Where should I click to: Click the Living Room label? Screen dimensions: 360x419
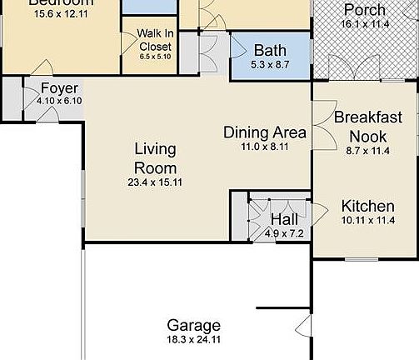[156, 158]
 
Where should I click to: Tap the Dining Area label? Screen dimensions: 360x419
[264, 132]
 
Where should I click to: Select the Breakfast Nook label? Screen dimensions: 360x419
[362, 127]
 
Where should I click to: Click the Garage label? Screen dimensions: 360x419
[193, 325]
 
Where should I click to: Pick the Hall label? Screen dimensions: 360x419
[284, 219]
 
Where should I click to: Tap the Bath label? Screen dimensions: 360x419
[270, 50]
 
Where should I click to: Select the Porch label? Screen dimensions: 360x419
[365, 10]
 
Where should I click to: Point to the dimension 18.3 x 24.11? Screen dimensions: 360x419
[193, 340]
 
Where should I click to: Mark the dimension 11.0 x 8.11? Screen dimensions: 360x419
[265, 147]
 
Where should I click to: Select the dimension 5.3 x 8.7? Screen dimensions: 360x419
[270, 64]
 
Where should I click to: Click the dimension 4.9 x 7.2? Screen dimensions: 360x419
[284, 233]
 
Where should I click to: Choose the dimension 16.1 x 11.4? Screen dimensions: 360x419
[365, 25]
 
